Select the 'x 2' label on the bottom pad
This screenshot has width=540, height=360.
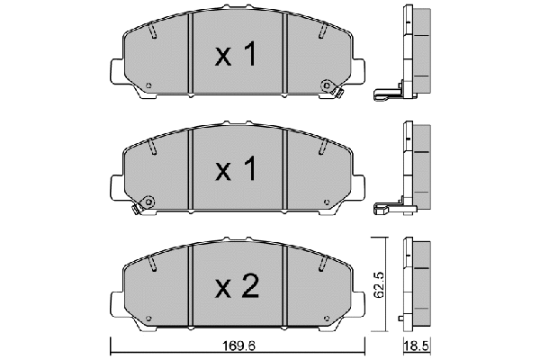coord(237,287)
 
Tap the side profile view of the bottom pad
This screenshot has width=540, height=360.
coord(417,283)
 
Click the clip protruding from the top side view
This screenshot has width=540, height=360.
coord(384,93)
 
